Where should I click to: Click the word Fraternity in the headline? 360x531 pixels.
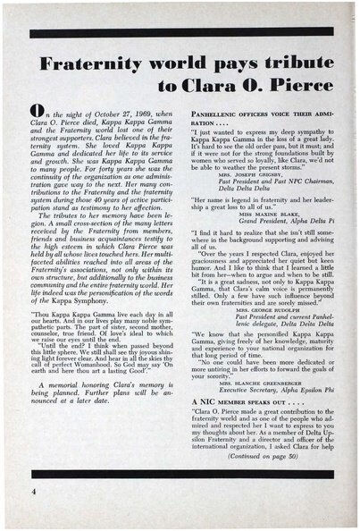(x=86, y=63)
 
